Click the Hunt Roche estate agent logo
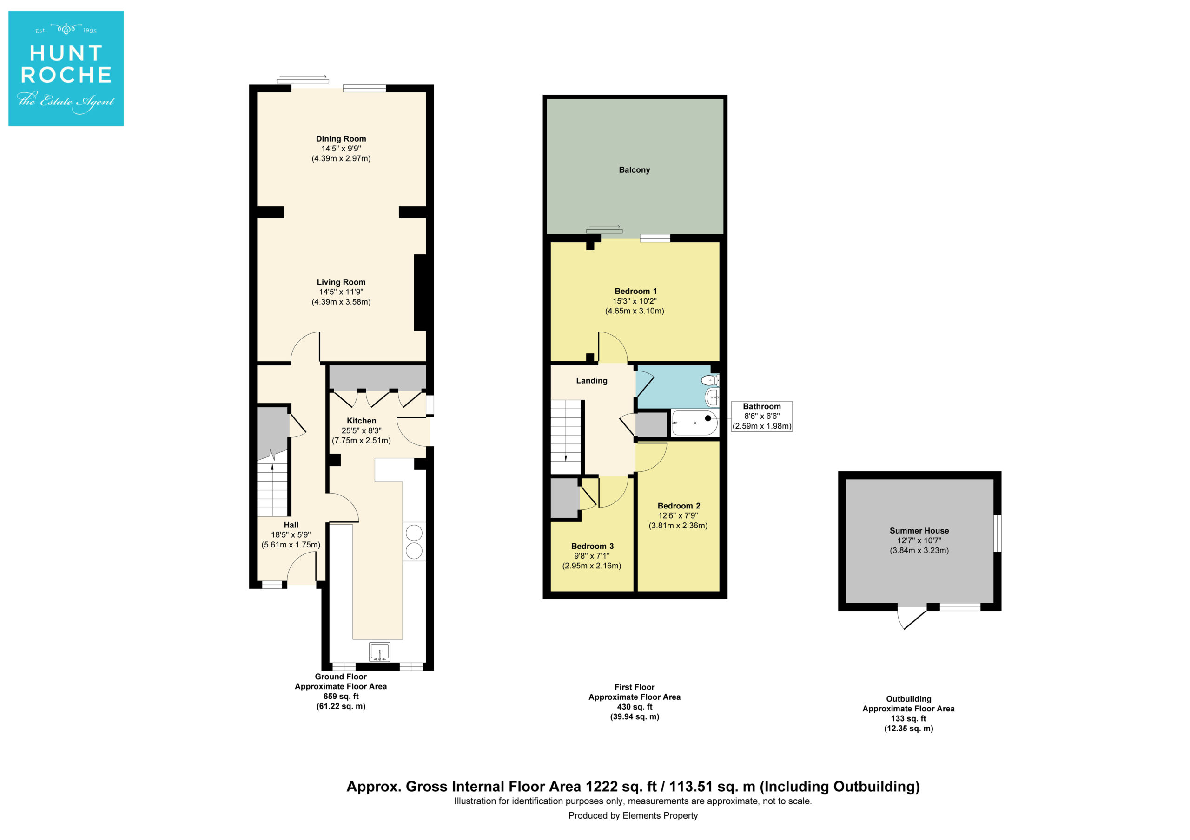pos(66,68)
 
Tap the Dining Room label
pos(341,139)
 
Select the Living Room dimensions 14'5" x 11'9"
pos(341,292)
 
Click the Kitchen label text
pos(361,421)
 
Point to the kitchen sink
pos(380,652)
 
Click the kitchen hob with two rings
pos(414,542)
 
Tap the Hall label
pos(291,525)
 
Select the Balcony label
pos(635,170)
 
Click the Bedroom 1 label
pos(635,292)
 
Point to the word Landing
pos(592,381)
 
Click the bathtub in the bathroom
pos(694,423)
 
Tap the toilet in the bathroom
pos(709,381)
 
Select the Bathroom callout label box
pos(761,417)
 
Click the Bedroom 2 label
pos(679,506)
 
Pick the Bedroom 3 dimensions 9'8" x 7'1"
pos(592,556)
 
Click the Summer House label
pos(919,531)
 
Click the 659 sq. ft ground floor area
pos(341,697)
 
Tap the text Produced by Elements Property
pos(633,816)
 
